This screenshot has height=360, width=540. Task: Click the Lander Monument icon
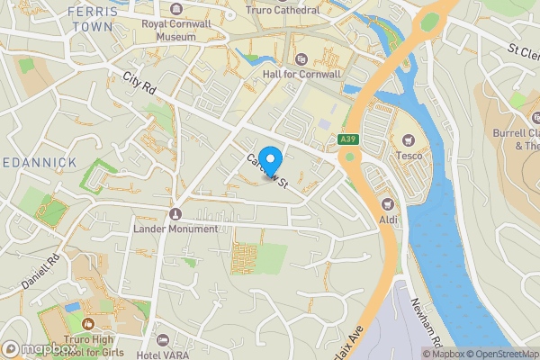pos(175,214)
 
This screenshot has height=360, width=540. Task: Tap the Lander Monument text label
pos(175,229)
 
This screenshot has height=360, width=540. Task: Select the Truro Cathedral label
pos(283,10)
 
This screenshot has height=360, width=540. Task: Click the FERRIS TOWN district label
pos(92,18)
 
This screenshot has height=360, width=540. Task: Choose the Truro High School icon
pos(86,323)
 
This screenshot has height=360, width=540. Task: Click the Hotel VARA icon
pos(163,340)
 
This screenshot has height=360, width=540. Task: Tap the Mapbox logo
pos(38,349)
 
